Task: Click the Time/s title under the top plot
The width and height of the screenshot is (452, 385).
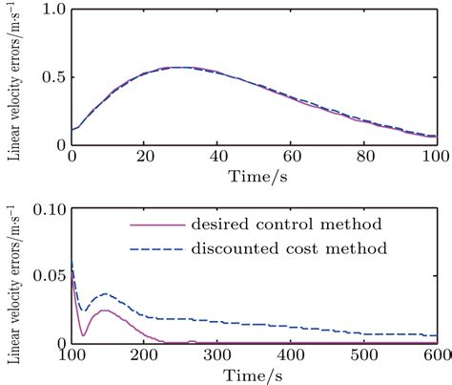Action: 254,177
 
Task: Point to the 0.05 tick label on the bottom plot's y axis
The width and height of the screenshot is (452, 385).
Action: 48,275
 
